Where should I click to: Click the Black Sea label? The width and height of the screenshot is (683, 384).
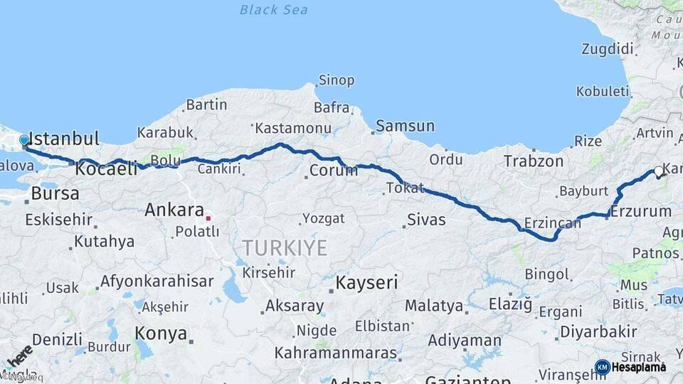pos(273,9)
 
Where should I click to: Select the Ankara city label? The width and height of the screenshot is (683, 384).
pos(174,210)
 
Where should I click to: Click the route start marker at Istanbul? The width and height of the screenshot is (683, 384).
pos(24,141)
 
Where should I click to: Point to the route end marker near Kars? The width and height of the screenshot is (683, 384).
pos(658,171)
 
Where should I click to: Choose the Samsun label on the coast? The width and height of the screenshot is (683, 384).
pos(405,126)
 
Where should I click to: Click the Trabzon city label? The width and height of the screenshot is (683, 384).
pos(534,161)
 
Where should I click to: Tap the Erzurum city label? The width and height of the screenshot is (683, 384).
pos(641,211)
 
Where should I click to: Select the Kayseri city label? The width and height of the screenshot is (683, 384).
pos(366,282)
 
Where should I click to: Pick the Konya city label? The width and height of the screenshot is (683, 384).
pos(161,334)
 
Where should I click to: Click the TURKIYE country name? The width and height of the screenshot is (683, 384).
pos(285,248)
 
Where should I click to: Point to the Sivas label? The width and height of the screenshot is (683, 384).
pos(426,220)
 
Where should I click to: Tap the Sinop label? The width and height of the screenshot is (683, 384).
pos(336,80)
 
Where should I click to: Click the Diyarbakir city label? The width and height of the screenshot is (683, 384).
pos(598,332)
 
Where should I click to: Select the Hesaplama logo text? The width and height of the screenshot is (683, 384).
pos(638,367)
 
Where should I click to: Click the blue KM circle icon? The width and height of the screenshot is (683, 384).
pos(602,367)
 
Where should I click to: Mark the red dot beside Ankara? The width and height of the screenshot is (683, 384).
pos(208,218)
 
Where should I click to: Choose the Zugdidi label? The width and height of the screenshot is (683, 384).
pos(607,49)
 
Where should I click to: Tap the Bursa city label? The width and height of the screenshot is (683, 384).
pos(55,193)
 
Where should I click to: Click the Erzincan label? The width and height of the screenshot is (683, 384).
pos(552,223)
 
